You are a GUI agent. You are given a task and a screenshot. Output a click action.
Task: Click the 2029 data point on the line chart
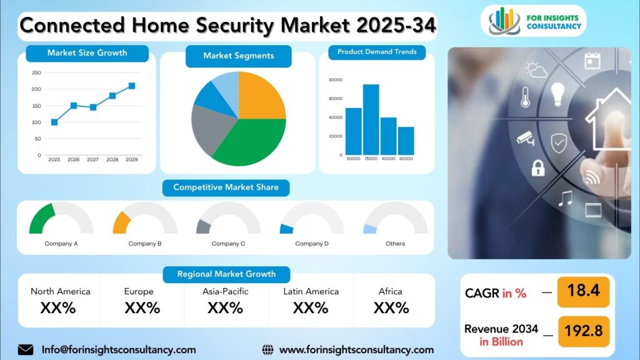click(132, 86)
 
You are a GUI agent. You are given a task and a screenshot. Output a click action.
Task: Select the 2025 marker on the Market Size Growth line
click(54, 122)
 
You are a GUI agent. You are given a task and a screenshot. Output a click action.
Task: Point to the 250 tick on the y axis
click(36, 72)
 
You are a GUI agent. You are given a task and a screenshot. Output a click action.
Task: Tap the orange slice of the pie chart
click(262, 96)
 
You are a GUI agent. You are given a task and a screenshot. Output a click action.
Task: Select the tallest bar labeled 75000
click(371, 119)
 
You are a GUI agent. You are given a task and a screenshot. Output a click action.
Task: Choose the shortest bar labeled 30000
click(406, 141)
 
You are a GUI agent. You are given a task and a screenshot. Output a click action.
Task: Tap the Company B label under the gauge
click(145, 244)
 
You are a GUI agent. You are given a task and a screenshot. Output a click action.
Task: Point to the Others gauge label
click(395, 244)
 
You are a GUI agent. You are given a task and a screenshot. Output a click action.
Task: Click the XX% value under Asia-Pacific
click(225, 307)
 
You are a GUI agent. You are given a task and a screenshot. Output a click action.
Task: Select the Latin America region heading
click(311, 291)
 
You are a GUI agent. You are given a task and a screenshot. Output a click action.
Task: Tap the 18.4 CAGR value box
click(583, 292)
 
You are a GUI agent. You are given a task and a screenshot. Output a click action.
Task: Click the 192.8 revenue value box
click(583, 331)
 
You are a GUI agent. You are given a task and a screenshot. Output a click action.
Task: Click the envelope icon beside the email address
click(26, 350)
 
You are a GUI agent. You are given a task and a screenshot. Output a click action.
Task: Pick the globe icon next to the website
click(267, 350)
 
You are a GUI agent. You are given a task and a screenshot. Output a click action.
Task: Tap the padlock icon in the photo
click(538, 167)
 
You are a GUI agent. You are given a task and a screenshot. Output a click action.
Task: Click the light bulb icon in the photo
click(557, 94)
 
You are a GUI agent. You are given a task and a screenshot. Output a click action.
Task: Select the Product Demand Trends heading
click(377, 52)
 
